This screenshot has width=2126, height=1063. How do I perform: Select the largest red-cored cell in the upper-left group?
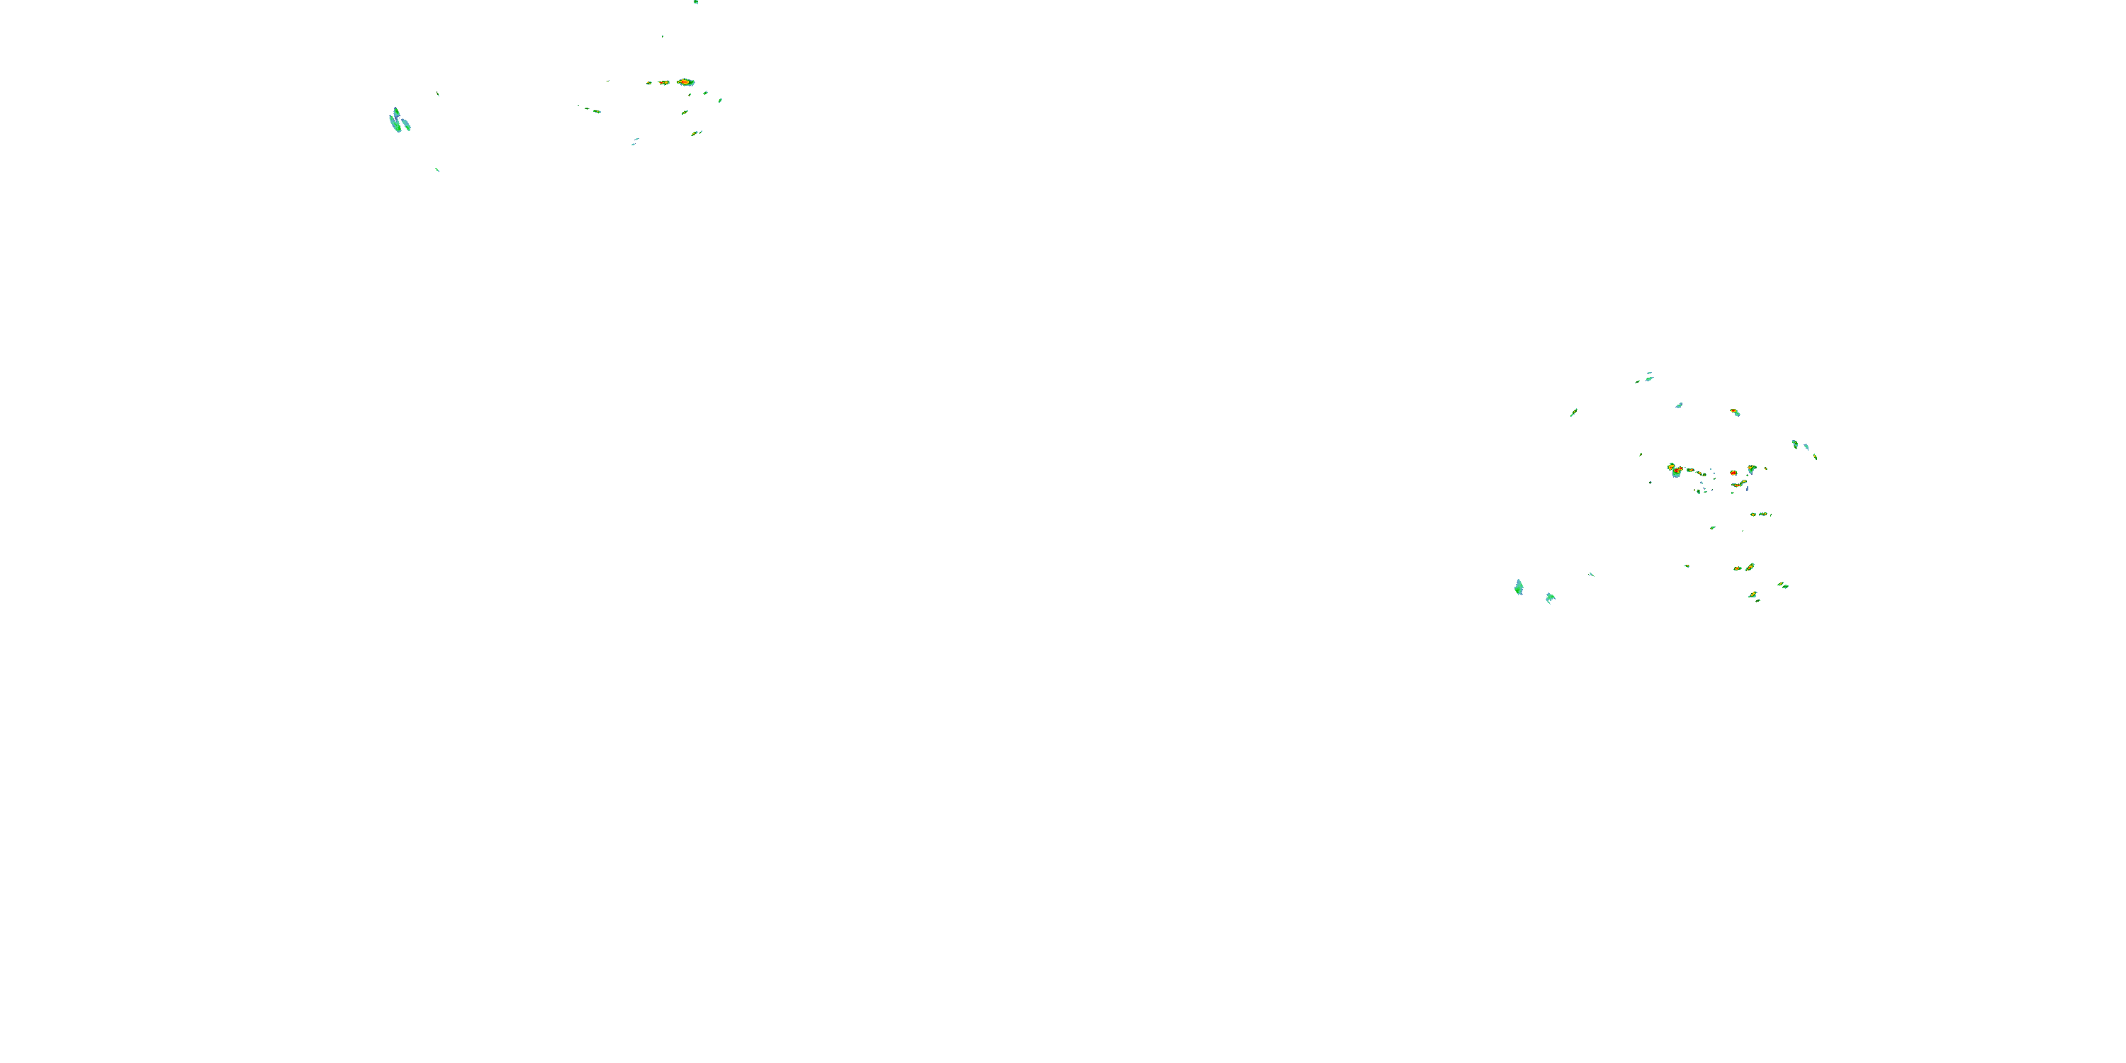pyautogui.click(x=685, y=81)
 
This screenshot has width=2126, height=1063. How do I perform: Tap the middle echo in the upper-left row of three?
pyautogui.click(x=663, y=82)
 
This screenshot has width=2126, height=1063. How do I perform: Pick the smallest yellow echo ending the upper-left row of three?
pyautogui.click(x=650, y=82)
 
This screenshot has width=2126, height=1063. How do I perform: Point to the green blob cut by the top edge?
pyautogui.click(x=696, y=1)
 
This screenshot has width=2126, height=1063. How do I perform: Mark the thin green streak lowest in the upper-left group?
pyautogui.click(x=437, y=169)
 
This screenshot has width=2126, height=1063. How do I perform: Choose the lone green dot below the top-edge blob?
pyautogui.click(x=662, y=36)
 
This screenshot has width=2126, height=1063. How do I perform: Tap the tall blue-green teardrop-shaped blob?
pyautogui.click(x=1519, y=587)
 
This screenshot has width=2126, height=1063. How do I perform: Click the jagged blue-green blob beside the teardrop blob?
pyautogui.click(x=1550, y=597)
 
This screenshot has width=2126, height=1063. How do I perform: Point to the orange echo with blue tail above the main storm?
pyautogui.click(x=1735, y=412)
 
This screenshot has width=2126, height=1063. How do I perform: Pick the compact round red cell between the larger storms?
pyautogui.click(x=1734, y=473)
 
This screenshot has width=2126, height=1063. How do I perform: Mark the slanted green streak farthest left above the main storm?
pyautogui.click(x=1574, y=412)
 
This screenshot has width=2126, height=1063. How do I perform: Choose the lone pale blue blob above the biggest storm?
pyautogui.click(x=1679, y=405)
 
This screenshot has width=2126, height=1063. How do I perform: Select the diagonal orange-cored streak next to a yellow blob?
pyautogui.click(x=1749, y=567)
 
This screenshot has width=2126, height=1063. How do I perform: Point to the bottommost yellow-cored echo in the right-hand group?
pyautogui.click(x=1753, y=595)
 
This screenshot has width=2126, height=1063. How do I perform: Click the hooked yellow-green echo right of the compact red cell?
pyautogui.click(x=1751, y=468)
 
